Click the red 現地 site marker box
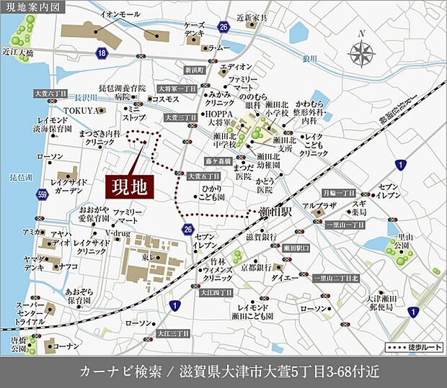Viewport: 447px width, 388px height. tap(130, 186)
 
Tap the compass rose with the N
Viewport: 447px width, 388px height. tap(361, 53)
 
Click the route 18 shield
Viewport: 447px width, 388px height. tap(102, 53)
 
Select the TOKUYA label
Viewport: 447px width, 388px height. tap(79, 110)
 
